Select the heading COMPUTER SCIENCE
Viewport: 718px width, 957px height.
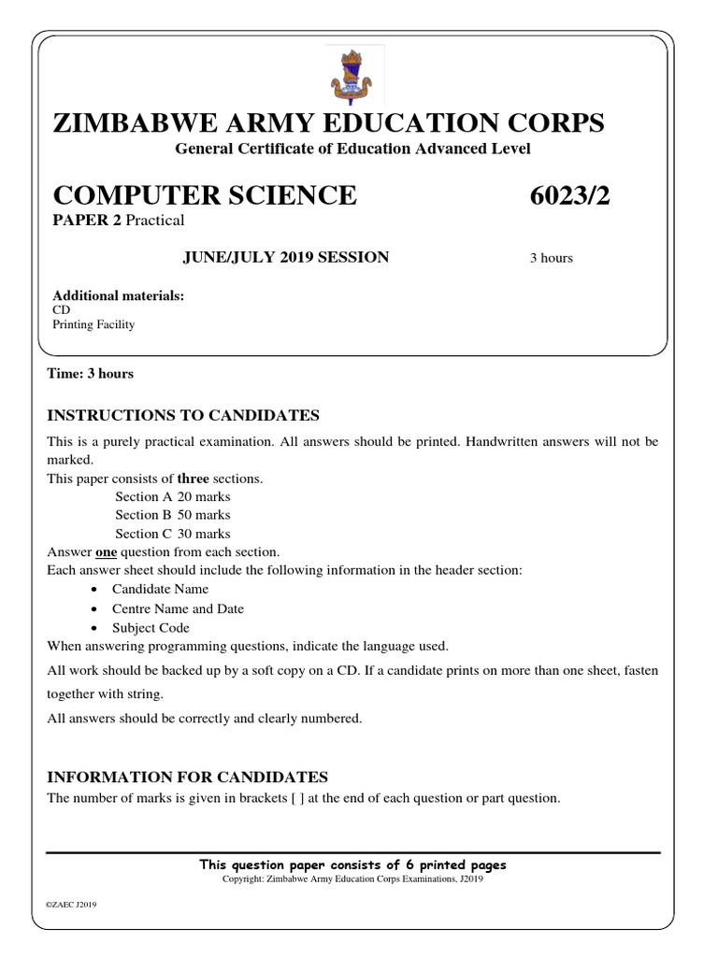[205, 195]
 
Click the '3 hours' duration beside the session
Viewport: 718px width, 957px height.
[551, 258]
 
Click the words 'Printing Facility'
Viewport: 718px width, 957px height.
[93, 324]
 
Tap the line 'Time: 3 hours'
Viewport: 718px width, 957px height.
[90, 374]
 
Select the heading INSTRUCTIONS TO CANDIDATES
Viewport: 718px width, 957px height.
[183, 415]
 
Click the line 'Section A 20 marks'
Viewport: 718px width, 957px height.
[173, 496]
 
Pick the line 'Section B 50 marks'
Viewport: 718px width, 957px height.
[173, 515]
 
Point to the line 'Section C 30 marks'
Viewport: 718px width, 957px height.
[173, 534]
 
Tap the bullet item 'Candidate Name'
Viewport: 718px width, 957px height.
[160, 590]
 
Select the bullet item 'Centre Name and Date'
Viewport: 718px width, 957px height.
[178, 608]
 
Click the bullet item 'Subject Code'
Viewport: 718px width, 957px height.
[151, 628]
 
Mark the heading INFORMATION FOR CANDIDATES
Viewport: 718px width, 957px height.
[187, 777]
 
